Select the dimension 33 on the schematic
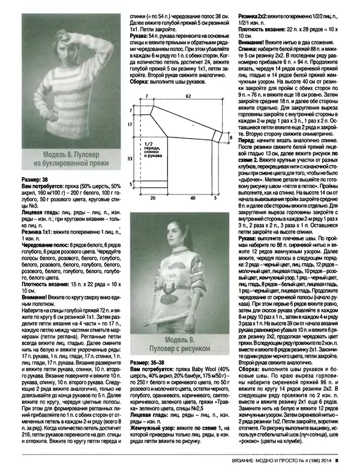132,158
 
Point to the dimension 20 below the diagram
152,196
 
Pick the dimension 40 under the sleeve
191,196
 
